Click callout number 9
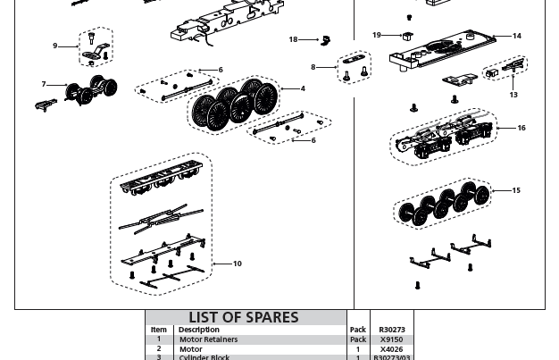55,46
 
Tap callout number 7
44,85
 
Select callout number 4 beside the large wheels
303,88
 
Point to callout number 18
293,39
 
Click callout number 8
313,67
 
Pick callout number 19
377,35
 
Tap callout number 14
517,36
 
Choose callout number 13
513,95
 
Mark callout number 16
521,128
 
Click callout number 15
516,190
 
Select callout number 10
238,264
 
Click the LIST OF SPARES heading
243,317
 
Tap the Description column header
198,330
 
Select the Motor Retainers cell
208,339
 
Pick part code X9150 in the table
391,339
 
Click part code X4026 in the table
391,349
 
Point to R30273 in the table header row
391,330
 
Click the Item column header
159,330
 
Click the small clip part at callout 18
327,39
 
